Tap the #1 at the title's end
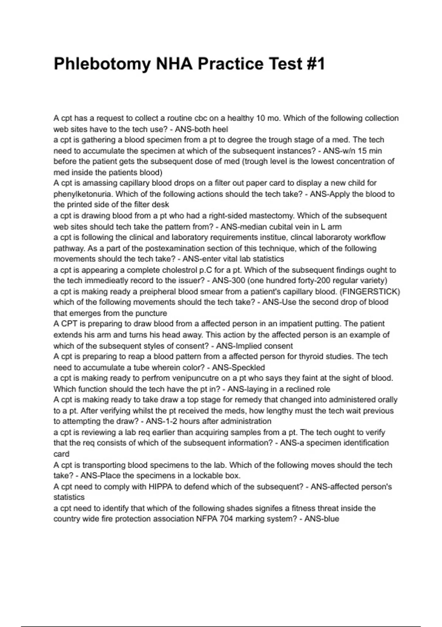click(315, 64)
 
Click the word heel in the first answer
click(221, 129)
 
